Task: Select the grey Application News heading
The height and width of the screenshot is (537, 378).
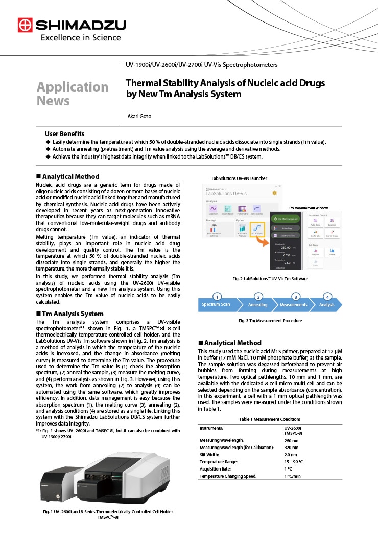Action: click(x=72, y=94)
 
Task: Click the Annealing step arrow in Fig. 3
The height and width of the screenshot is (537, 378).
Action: click(x=257, y=304)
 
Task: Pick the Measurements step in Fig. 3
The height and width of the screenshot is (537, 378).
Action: click(x=294, y=304)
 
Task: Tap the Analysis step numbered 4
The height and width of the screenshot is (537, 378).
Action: click(x=327, y=304)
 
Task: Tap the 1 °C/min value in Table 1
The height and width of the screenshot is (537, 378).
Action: click(x=293, y=476)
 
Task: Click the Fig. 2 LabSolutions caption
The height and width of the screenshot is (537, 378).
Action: click(x=270, y=278)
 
